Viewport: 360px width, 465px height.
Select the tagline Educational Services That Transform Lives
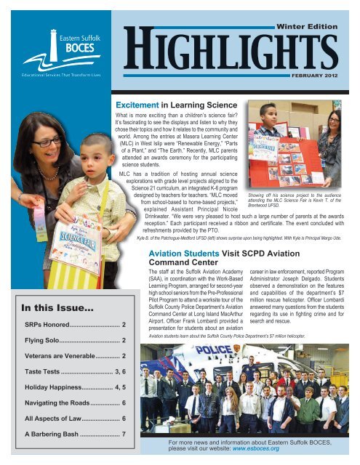(x=48, y=75)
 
